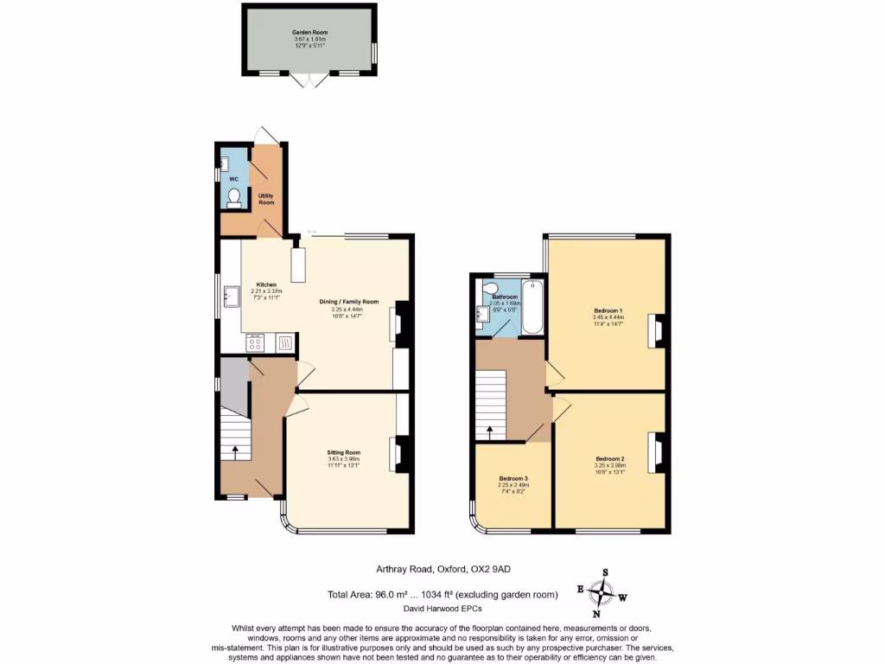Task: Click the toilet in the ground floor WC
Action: [x=233, y=197]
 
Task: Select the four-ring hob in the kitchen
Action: [x=256, y=344]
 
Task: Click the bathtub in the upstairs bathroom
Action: [x=532, y=308]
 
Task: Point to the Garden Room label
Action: [x=309, y=32]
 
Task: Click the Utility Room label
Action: [x=266, y=199]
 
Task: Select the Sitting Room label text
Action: [x=343, y=452]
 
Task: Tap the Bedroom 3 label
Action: [x=513, y=478]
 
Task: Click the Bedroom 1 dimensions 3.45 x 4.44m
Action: [x=608, y=317]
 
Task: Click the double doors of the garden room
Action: [x=309, y=80]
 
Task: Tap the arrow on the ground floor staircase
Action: [x=235, y=450]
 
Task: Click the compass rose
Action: [x=601, y=593]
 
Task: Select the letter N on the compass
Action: [x=596, y=614]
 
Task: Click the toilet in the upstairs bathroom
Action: [x=491, y=289]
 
